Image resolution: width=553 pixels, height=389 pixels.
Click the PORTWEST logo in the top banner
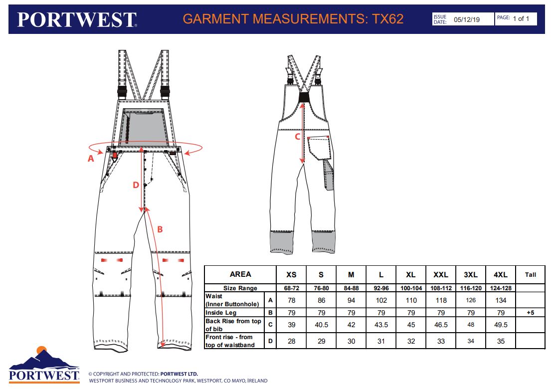[77, 19]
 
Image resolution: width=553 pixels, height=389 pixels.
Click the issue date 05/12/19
[467, 19]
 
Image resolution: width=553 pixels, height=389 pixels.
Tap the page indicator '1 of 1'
[521, 18]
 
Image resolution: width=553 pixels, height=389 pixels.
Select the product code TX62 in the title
[387, 18]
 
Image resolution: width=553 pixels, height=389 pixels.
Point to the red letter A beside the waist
[91, 159]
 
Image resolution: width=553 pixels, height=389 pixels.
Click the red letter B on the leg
[160, 229]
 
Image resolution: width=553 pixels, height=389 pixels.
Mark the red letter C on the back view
[297, 137]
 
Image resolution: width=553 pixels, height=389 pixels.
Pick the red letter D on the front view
[136, 185]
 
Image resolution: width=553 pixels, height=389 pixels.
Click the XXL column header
[440, 275]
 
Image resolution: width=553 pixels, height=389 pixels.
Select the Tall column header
[530, 275]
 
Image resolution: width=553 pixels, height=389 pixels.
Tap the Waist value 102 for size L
[381, 301]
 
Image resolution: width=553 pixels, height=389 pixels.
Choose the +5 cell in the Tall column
[530, 313]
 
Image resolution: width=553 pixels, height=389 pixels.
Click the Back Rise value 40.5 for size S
[321, 325]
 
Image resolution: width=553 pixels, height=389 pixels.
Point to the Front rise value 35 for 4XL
[501, 342]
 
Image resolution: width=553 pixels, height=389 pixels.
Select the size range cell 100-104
[411, 288]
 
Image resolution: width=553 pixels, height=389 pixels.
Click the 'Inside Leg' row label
[221, 313]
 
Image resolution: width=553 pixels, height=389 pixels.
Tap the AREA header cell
[240, 274]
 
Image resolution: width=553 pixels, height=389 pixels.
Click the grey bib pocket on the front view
[144, 127]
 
